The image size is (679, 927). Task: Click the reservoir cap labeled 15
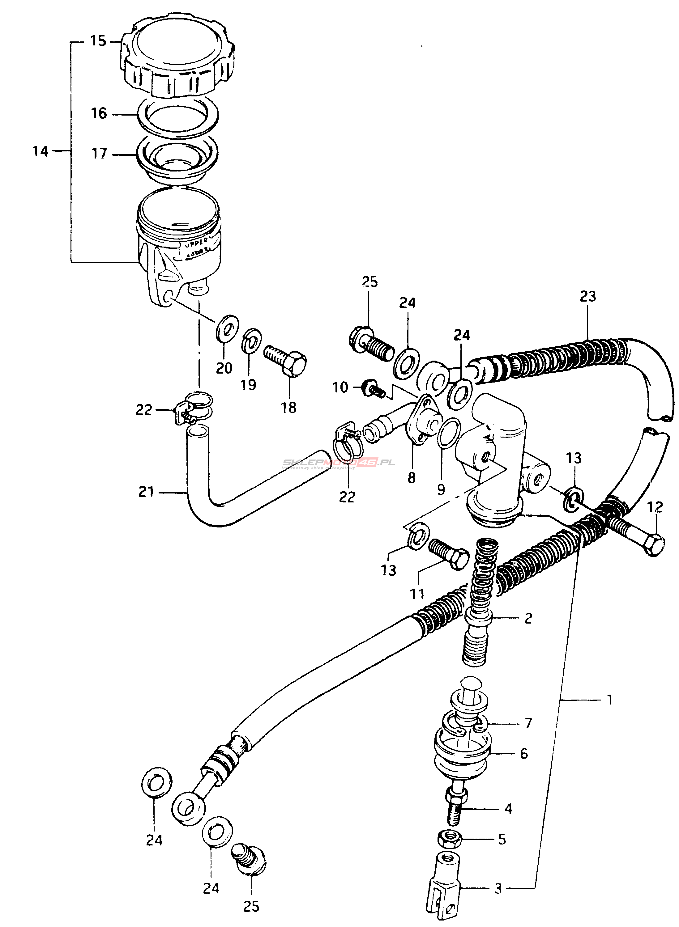[177, 61]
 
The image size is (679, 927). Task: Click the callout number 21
[146, 492]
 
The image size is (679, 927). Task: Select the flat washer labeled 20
[227, 327]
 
